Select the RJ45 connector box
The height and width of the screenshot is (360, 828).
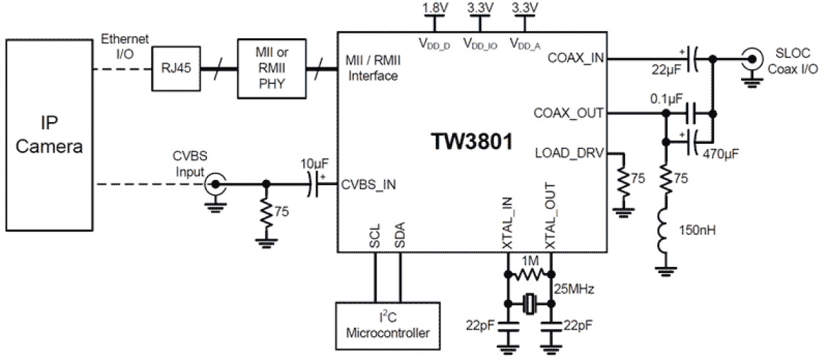(x=173, y=66)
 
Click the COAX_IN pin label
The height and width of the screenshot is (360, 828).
(x=576, y=59)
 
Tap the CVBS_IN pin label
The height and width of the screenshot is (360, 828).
(x=369, y=185)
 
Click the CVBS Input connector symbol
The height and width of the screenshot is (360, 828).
(x=214, y=184)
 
